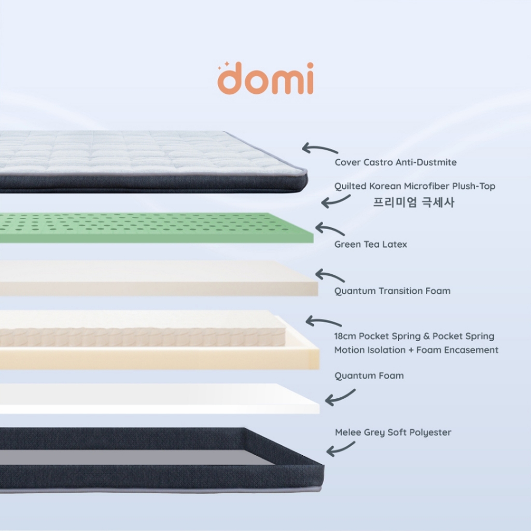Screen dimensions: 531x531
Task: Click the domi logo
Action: point(265,79)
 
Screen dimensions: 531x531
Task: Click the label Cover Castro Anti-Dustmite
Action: point(395,162)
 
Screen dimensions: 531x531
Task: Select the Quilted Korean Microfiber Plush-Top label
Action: point(414,186)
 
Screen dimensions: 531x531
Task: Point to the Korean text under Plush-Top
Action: point(413,202)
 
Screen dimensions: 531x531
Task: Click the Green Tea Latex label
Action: point(370,244)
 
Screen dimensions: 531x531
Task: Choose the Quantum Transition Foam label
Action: point(392,291)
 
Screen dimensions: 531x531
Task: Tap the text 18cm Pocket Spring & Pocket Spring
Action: point(414,336)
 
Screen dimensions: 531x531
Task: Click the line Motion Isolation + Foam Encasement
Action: point(416,350)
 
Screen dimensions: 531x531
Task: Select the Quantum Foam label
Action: point(369,375)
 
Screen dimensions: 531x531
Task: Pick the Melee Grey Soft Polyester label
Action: point(393,432)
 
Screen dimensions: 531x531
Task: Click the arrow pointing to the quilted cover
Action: point(319,149)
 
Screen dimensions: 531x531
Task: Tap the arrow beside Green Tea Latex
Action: point(329,229)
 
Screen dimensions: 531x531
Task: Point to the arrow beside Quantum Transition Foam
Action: point(329,275)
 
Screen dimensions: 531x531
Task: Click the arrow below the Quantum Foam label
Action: point(340,397)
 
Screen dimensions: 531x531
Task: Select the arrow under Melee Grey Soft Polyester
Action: point(340,449)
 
